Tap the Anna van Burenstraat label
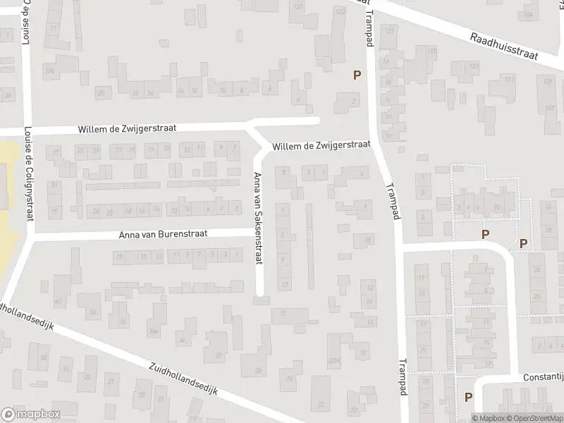163,236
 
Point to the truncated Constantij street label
543,377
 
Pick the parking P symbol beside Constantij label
469,397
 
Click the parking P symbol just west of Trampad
357,75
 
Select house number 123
298,7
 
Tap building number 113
509,79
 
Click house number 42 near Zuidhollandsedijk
58,302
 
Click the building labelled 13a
49,70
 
